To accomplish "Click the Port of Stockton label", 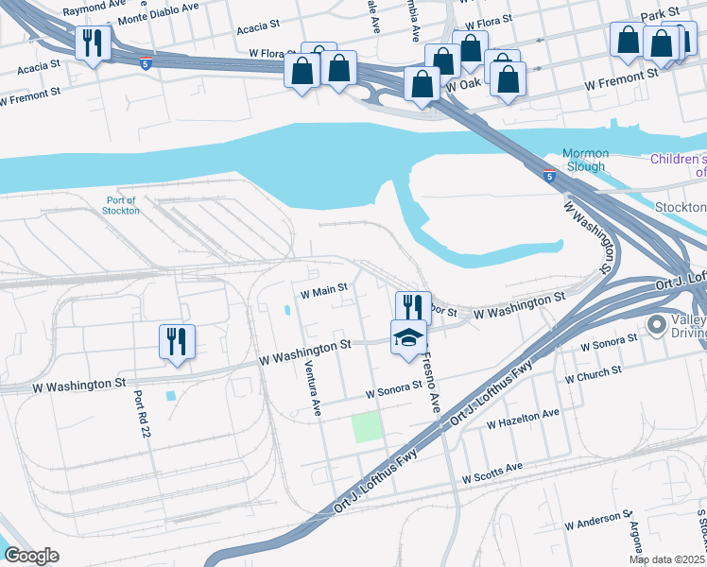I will coord(121,205).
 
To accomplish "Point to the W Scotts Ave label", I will coord(491,473).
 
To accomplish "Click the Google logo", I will coord(30,556).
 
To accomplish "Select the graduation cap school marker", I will coord(408,337).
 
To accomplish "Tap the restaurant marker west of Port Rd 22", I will coord(177,342).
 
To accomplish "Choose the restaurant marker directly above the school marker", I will coord(413,307).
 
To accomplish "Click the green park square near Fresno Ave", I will coord(369,427).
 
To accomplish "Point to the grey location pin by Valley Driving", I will coord(657,326).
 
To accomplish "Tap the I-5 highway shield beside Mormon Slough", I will coord(549,176).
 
